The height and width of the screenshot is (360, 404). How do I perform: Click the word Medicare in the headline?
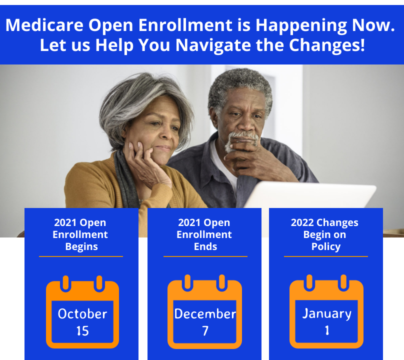(44, 25)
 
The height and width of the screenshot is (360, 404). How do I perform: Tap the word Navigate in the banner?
(213, 45)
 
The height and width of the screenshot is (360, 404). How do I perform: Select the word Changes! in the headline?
(326, 45)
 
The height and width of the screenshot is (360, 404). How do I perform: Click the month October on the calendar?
(82, 314)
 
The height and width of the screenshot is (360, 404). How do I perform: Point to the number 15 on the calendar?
(82, 331)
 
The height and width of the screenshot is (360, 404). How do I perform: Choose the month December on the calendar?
(205, 314)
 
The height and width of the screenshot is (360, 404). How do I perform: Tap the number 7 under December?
(205, 331)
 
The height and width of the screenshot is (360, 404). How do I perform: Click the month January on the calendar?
(326, 314)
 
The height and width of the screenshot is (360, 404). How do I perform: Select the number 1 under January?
(327, 330)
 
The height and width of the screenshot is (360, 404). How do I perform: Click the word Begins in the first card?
(81, 246)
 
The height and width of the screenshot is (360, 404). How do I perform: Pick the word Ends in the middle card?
(205, 246)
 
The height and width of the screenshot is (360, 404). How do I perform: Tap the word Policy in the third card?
(326, 246)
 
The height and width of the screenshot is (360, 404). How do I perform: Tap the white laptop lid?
(309, 194)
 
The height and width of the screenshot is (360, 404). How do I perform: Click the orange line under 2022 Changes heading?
(326, 256)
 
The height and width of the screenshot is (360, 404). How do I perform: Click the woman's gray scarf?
(126, 180)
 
